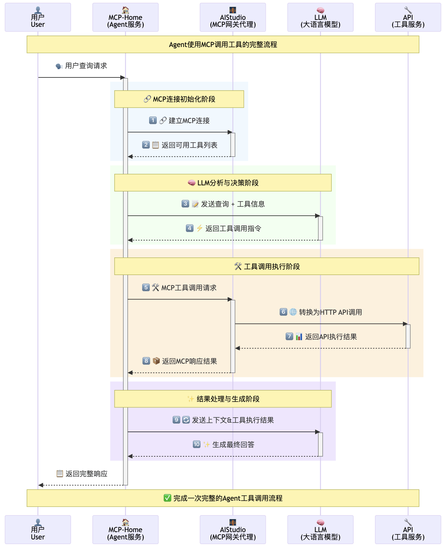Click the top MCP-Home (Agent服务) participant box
click(x=125, y=18)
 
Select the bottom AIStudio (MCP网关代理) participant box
click(x=233, y=529)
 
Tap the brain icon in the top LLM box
click(x=320, y=10)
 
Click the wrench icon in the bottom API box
click(x=408, y=523)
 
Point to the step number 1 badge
click(x=153, y=120)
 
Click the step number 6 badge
click(x=283, y=312)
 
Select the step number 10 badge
click(x=196, y=444)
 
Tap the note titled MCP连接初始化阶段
click(x=179, y=99)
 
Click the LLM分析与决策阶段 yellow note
click(x=223, y=183)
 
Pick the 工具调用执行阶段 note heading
click(x=266, y=266)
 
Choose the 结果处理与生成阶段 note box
click(x=223, y=399)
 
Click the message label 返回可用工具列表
click(x=189, y=145)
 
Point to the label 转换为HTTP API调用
click(x=330, y=312)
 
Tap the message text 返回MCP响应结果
click(x=189, y=361)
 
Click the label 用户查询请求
click(x=86, y=66)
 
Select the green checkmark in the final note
click(x=167, y=498)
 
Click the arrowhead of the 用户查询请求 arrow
click(x=122, y=77)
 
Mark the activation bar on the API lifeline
click(x=408, y=336)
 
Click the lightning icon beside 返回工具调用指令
click(x=199, y=228)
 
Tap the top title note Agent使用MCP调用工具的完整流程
click(x=223, y=44)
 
